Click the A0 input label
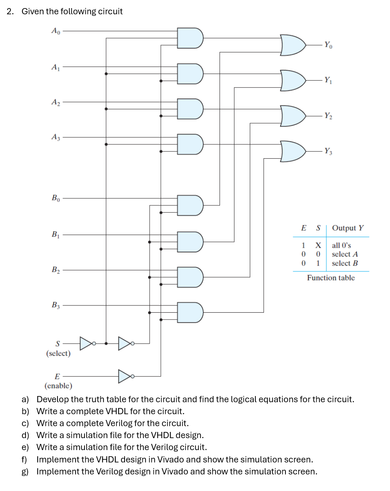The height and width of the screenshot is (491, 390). [x=56, y=31]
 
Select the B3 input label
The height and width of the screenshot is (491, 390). [x=56, y=305]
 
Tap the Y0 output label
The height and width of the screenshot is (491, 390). [x=328, y=45]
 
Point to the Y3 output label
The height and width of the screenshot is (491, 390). [x=328, y=151]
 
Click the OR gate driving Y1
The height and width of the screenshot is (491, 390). [x=293, y=81]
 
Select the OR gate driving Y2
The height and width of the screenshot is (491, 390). [x=293, y=116]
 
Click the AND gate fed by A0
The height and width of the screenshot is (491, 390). [x=190, y=38]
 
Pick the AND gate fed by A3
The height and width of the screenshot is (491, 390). [x=190, y=144]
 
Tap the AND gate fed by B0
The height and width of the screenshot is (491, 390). [x=190, y=205]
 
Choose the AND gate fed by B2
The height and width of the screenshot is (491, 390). [x=190, y=277]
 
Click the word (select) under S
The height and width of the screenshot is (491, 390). [x=58, y=354]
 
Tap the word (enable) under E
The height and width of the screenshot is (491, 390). [x=58, y=386]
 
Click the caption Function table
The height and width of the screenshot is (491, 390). [x=331, y=278]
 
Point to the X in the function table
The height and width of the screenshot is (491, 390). [x=318, y=245]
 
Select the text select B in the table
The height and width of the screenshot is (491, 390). [x=344, y=263]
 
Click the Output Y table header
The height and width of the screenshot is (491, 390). [x=348, y=228]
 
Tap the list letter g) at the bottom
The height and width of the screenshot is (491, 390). [x=25, y=472]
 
